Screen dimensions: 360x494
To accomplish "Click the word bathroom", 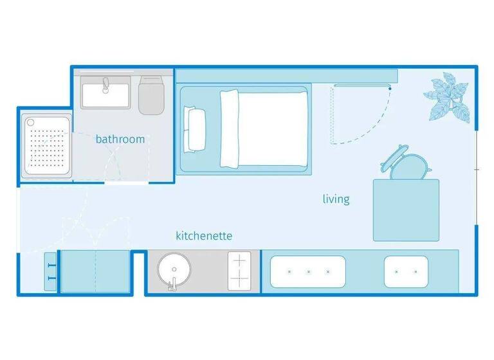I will coord(120,139).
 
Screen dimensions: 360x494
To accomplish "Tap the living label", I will coord(336,199).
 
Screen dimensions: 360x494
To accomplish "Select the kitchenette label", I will coord(204,236).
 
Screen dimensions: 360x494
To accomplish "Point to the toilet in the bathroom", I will coord(152,95).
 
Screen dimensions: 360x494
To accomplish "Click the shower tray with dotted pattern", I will coord(46,146).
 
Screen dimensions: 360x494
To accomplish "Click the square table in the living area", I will coord(406,210).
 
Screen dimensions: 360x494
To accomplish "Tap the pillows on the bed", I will coord(194,129).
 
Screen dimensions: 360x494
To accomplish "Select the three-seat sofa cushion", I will coord(308,271).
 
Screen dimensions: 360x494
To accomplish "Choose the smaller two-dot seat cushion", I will coord(406,271).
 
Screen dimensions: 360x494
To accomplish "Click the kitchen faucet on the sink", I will coord(172,283).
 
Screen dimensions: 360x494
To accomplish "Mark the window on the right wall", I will coord(475,168).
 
